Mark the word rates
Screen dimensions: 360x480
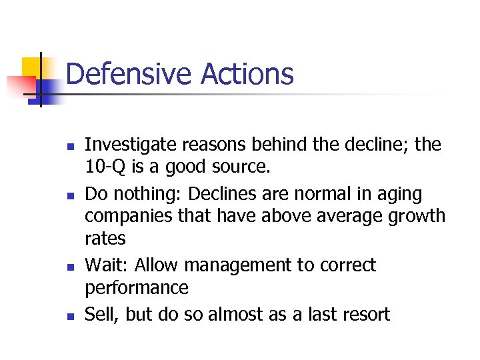click(105, 239)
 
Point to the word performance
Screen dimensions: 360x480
click(137, 288)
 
